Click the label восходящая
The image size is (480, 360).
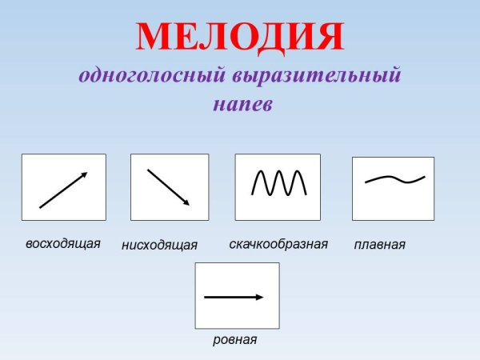(62, 243)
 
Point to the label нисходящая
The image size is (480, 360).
(159, 245)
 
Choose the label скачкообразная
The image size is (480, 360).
(278, 244)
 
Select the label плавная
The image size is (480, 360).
(379, 245)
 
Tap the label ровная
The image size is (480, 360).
(234, 339)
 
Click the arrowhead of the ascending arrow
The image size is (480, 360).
(83, 174)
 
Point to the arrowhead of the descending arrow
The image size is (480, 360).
(186, 202)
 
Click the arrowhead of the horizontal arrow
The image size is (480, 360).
(259, 297)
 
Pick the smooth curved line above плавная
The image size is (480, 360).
(394, 178)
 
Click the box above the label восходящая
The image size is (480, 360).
(63, 187)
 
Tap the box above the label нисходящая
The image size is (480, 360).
(169, 187)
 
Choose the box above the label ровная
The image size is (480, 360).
(237, 295)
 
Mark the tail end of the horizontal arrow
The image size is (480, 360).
(206, 297)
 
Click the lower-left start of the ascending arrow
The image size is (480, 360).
(40, 207)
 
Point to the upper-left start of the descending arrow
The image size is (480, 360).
(148, 170)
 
